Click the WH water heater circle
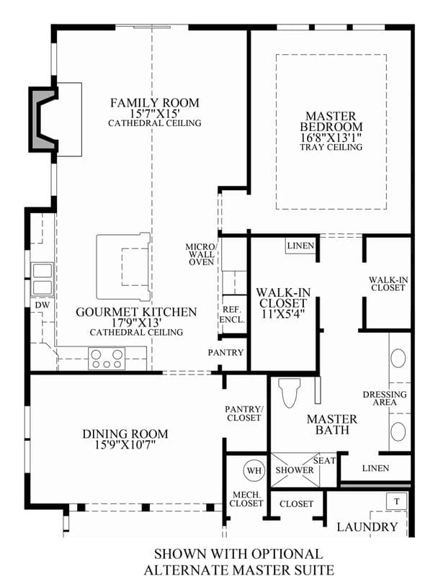coord(254,470)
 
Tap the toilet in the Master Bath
coord(290,393)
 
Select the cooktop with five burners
coord(107,358)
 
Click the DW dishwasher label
coord(43,305)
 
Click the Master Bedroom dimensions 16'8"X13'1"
coord(331,137)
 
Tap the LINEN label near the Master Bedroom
coord(300,246)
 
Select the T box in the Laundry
coord(396,501)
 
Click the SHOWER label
coord(295,470)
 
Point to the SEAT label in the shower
coord(325,460)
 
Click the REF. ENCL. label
coord(232,315)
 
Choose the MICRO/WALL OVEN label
coord(201,254)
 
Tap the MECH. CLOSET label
coord(246,499)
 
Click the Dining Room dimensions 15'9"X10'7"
coord(125,444)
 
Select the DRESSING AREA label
coord(385,398)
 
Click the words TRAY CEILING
coord(331,147)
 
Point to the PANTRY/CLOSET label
coord(243,413)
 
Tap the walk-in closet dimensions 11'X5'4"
coord(283,313)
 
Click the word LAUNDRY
coord(367,526)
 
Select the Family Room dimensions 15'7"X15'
coord(154,113)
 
